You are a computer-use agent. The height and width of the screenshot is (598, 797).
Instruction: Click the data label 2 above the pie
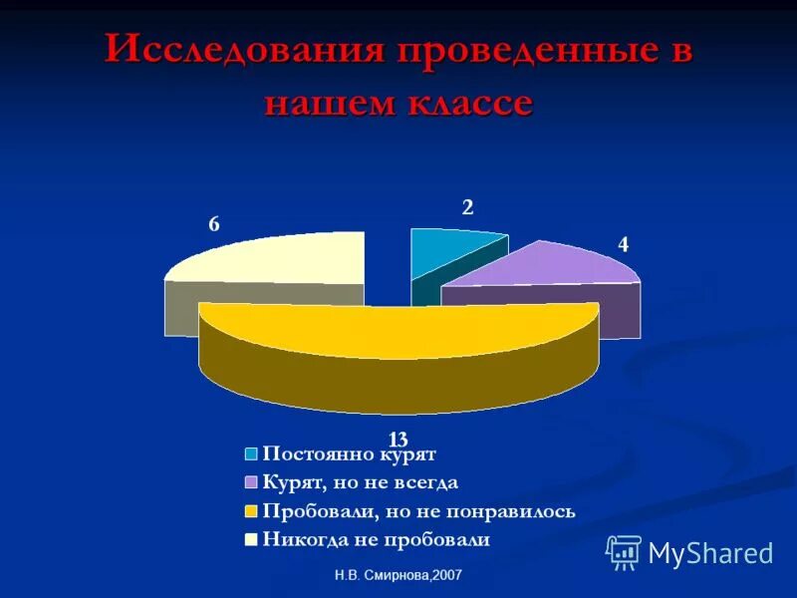point(466,207)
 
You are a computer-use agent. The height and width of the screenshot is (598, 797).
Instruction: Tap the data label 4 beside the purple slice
point(623,244)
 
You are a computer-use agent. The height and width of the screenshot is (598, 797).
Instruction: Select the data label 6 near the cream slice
point(213,224)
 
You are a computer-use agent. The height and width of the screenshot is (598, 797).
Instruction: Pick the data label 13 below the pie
point(398,439)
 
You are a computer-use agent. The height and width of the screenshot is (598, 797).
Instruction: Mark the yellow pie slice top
point(398,329)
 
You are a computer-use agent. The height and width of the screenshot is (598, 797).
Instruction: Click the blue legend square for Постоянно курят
point(252,453)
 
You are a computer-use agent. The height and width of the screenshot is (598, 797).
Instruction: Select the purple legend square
point(252,482)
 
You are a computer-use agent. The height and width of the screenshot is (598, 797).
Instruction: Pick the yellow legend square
point(252,511)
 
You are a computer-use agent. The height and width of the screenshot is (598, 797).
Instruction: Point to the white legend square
point(252,540)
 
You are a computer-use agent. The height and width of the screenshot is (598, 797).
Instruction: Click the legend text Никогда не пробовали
point(377,540)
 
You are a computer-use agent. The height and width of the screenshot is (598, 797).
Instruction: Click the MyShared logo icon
point(625,552)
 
